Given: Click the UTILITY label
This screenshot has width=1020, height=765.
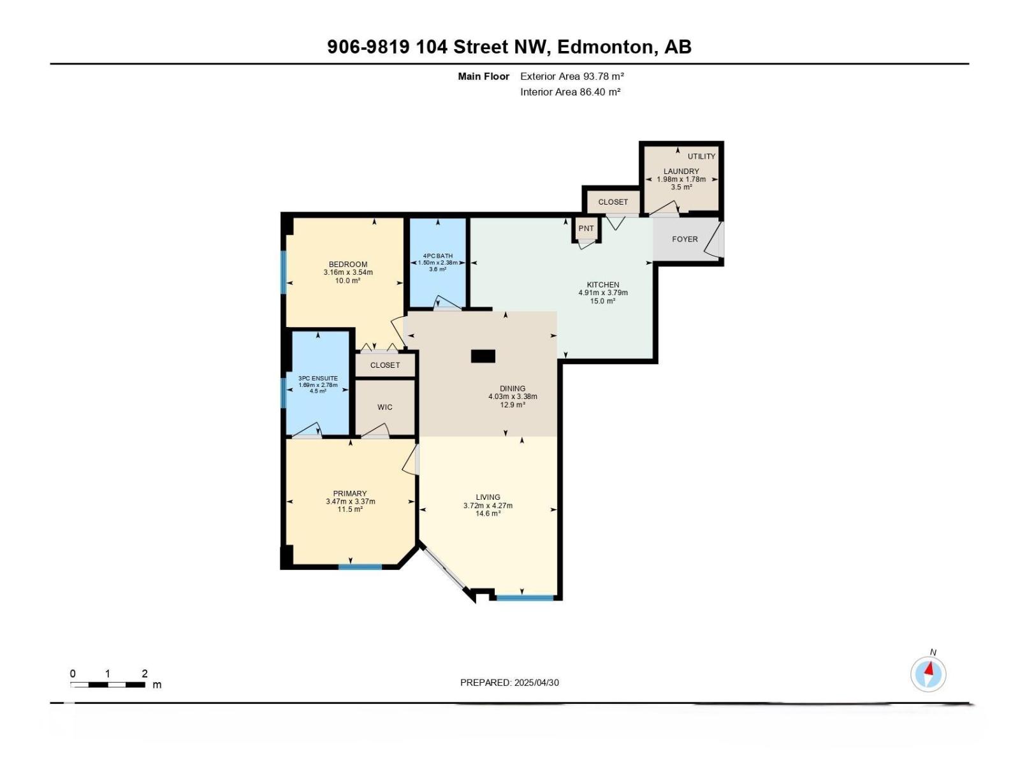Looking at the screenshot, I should (701, 156).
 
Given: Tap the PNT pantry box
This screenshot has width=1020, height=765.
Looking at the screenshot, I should (586, 228).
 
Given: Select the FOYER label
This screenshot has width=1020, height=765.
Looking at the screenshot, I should (685, 239).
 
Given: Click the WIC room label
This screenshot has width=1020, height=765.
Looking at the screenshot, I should (384, 407).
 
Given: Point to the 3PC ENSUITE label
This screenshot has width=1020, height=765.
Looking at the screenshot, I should (318, 378).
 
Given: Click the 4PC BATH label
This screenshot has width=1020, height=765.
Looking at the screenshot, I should (437, 256).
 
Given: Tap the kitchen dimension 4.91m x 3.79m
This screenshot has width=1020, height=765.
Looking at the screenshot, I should (602, 293).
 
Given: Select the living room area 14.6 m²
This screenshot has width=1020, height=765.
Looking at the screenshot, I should (488, 513).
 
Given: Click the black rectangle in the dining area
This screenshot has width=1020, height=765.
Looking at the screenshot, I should (483, 356).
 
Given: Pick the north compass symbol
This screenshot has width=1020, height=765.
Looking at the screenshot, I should (928, 674).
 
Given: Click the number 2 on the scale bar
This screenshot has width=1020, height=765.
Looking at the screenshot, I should (145, 673).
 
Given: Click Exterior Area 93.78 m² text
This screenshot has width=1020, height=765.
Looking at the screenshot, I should (571, 76).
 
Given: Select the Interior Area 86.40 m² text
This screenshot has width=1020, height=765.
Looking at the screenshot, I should (570, 92).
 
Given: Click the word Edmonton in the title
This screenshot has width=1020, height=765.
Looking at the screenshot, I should (605, 47).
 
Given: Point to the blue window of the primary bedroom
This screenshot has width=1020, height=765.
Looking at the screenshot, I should (360, 566).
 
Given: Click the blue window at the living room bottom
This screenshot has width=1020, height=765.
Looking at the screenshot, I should (525, 597).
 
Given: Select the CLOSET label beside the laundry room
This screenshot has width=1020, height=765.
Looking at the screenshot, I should (613, 202).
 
